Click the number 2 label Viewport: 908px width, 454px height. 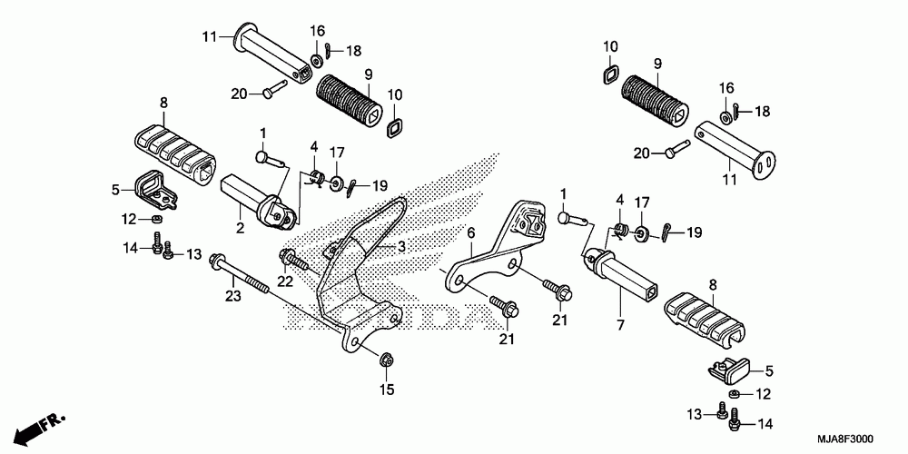pos(241,228)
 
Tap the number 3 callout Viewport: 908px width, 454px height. pos(400,246)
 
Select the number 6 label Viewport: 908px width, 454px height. pos(470,233)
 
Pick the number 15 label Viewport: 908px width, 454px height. pos(387,390)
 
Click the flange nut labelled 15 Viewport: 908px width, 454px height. pos(385,360)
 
